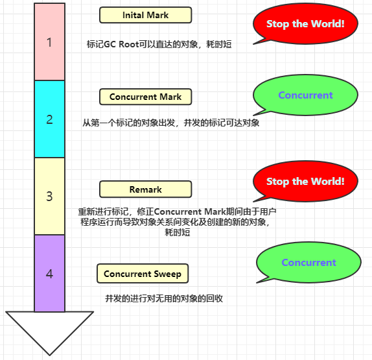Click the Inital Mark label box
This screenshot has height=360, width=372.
click(x=145, y=15)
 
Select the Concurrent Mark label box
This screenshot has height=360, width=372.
click(x=145, y=97)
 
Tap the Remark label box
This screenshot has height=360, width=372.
click(x=145, y=189)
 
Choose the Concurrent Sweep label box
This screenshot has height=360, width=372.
click(x=143, y=274)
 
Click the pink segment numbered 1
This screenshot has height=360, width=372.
click(x=49, y=43)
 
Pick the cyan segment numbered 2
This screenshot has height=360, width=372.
click(x=49, y=119)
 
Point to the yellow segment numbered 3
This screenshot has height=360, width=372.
click(x=49, y=196)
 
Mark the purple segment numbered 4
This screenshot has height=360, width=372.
click(x=49, y=273)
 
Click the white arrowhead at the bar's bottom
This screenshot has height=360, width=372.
click(x=49, y=331)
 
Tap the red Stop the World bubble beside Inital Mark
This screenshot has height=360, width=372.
click(x=305, y=24)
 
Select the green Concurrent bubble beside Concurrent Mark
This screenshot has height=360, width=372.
click(x=305, y=95)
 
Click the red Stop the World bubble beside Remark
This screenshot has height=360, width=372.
click(x=305, y=182)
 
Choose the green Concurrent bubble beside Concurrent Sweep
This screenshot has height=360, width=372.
click(x=309, y=263)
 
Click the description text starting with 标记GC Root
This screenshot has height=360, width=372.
click(x=159, y=45)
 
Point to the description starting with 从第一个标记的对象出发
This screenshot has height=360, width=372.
click(x=170, y=123)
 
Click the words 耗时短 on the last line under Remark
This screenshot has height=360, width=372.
click(x=177, y=232)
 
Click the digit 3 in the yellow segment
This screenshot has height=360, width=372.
click(x=49, y=196)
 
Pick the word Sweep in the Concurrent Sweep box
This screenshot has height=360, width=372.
click(x=168, y=274)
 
